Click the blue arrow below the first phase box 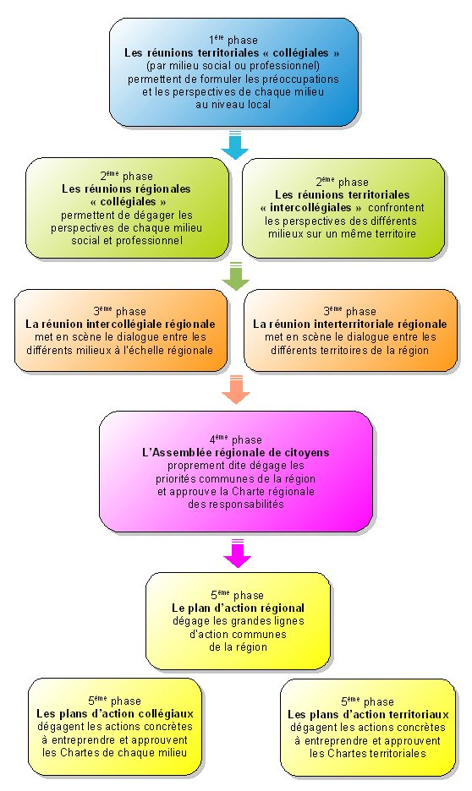tap(235, 145)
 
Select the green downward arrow tap(236, 276)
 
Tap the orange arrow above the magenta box tap(236, 390)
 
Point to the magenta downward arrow tap(238, 554)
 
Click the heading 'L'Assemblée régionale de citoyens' tap(236, 452)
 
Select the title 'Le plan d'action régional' tap(239, 608)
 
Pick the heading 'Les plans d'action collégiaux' tap(115, 714)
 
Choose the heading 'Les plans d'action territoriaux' tap(368, 715)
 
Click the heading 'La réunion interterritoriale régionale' tap(350, 324)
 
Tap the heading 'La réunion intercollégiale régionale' tap(120, 324)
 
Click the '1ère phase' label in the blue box tap(233, 40)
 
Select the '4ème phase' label tap(236, 439)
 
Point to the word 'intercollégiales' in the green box tap(310, 208)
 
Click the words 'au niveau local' tap(233, 105)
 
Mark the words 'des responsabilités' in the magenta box tap(236, 504)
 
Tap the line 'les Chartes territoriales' tap(368, 754)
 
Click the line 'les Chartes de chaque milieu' tap(114, 753)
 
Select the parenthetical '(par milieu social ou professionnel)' tap(233, 66)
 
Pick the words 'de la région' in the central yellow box tap(239, 646)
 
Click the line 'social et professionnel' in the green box tap(127, 241)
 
